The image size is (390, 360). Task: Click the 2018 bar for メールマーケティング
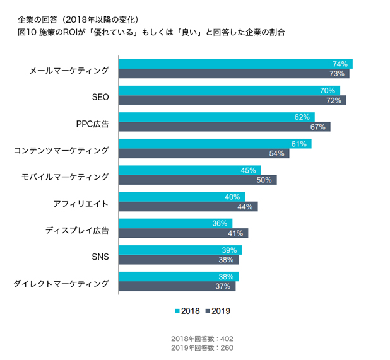pos(235,64)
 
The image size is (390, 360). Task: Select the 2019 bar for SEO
pos(232,100)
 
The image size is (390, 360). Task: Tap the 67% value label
pos(317,127)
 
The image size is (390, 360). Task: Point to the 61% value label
pos(298,144)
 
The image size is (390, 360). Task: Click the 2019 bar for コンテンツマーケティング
pos(204,153)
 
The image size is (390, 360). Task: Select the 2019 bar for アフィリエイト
pos(188,206)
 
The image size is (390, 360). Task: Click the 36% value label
pos(220,223)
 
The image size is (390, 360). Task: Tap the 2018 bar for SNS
pos(180,250)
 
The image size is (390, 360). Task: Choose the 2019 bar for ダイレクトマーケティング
pos(177,286)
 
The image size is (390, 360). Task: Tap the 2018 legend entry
pos(187,310)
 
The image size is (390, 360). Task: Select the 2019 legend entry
pos(216,310)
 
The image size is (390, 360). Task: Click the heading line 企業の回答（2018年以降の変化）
pos(80,20)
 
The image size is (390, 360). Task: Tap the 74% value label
pos(340,64)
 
